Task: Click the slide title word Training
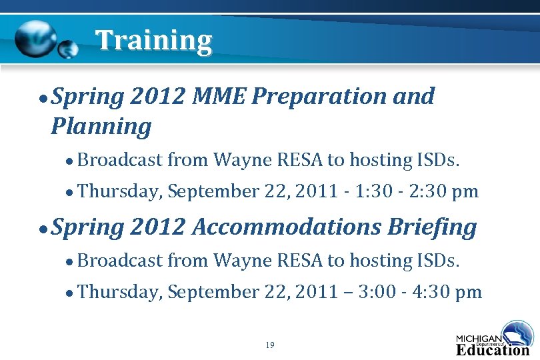(x=153, y=41)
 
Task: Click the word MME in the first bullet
(x=219, y=97)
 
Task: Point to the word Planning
(x=101, y=126)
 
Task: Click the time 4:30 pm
(x=451, y=292)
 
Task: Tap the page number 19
(x=269, y=345)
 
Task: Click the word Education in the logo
(x=493, y=349)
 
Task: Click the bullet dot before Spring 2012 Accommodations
(x=43, y=229)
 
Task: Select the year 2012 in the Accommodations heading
(x=158, y=227)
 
